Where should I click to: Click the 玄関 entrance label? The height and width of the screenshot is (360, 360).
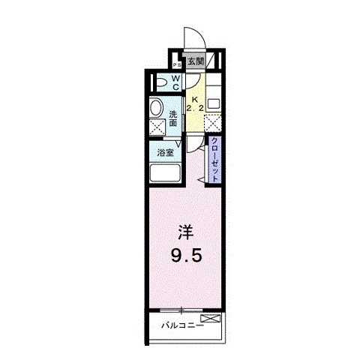(196, 61)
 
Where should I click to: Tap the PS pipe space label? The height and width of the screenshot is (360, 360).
(176, 64)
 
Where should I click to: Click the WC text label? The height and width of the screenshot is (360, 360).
(175, 82)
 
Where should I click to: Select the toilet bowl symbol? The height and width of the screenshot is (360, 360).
(160, 83)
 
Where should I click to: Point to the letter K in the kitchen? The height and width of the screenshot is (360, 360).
(194, 98)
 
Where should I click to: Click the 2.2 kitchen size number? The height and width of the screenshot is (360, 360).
(194, 108)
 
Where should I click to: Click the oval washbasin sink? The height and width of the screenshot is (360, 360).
(156, 108)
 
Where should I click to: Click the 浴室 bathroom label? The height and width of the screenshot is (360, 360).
(165, 152)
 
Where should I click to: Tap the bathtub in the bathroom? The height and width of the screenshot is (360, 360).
(164, 173)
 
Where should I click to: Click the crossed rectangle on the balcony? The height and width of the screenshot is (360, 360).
(211, 319)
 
